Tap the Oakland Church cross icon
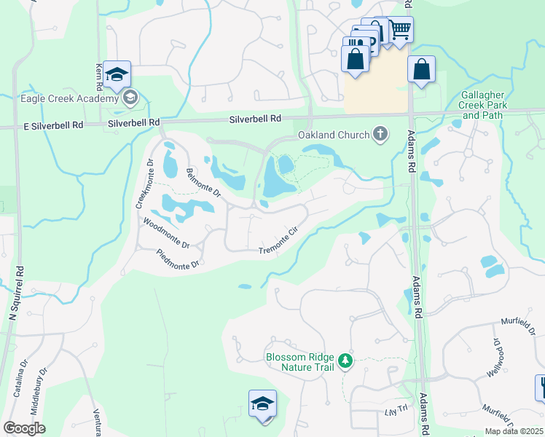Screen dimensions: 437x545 click(379, 134)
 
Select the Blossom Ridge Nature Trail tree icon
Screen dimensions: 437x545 click(346, 359)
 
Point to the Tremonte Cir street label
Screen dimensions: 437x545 click(280, 241)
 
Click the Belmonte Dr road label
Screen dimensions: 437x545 click(203, 184)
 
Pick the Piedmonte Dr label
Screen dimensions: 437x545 click(178, 259)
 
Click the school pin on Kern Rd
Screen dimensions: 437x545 click(117, 74)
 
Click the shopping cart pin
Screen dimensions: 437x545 click(400, 30)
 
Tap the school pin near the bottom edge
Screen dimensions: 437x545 click(262, 403)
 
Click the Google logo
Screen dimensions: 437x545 click(24, 428)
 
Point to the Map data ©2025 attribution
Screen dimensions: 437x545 click(514, 431)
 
